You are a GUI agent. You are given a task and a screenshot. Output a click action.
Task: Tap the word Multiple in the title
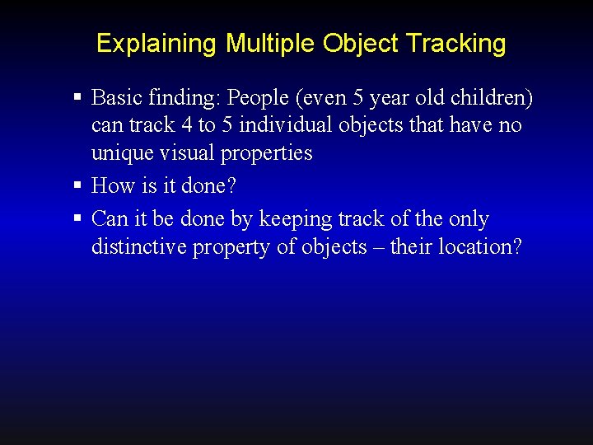tap(271, 44)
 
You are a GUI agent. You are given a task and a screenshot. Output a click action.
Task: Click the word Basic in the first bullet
tap(115, 98)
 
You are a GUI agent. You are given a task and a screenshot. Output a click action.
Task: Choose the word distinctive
tap(139, 246)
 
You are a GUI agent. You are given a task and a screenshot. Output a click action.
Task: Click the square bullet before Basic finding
tap(77, 98)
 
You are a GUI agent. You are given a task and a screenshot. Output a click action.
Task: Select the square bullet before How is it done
tap(77, 185)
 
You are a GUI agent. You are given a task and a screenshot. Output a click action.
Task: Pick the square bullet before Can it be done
tap(77, 218)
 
